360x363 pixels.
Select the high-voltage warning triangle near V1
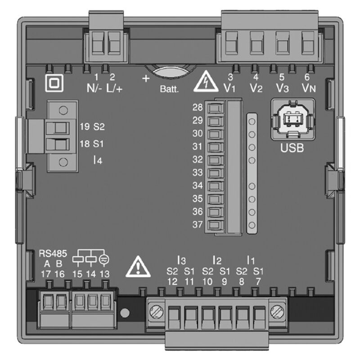pos(207,81)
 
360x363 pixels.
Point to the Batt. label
pos(169,89)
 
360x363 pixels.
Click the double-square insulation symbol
pos(54,83)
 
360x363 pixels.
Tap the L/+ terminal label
pos(114,88)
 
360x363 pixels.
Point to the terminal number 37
pos(198,224)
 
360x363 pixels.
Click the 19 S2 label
pos(92,127)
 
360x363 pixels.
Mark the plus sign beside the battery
pos(145,79)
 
